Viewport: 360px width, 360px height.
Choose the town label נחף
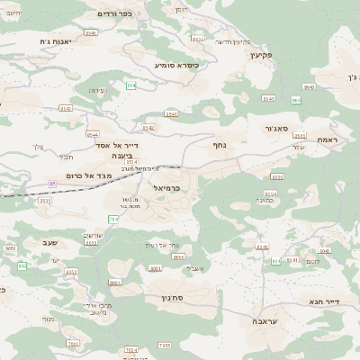point(219,144)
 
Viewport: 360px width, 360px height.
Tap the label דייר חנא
point(328,301)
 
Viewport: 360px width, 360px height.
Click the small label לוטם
point(312,261)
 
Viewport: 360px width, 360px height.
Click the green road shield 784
point(113,220)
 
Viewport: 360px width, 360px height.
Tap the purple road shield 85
point(52,184)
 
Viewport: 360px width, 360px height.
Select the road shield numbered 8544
point(268,99)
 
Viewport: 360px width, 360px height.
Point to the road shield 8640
point(309,86)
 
